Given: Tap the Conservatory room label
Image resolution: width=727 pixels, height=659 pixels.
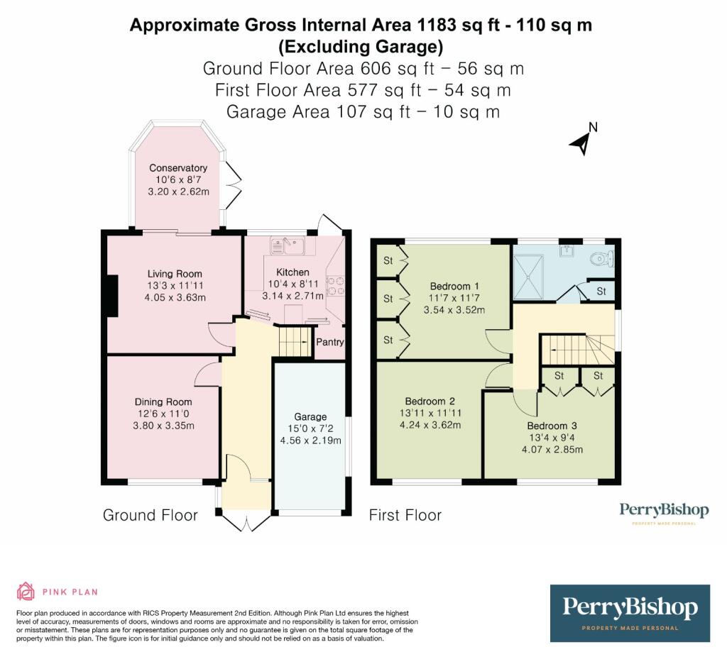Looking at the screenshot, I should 178,168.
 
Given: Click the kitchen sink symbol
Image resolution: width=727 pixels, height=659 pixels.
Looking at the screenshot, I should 288,246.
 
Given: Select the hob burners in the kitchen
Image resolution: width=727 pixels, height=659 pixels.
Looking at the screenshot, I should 335,285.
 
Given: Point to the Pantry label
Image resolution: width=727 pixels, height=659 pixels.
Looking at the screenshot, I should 330,342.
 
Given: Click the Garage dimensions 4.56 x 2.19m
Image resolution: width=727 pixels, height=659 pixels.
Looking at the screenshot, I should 310,440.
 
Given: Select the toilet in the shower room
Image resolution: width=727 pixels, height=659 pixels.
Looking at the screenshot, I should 603,259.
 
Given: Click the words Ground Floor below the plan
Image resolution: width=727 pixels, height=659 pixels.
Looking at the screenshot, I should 151,515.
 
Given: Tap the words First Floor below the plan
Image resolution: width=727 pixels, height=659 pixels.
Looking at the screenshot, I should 405,515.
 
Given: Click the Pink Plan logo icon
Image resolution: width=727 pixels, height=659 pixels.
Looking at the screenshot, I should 26,591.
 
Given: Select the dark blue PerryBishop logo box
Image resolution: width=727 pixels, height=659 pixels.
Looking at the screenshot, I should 630,613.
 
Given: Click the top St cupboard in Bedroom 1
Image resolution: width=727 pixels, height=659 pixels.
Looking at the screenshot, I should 388,260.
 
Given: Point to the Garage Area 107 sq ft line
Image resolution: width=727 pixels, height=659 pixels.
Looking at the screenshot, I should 363,111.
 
